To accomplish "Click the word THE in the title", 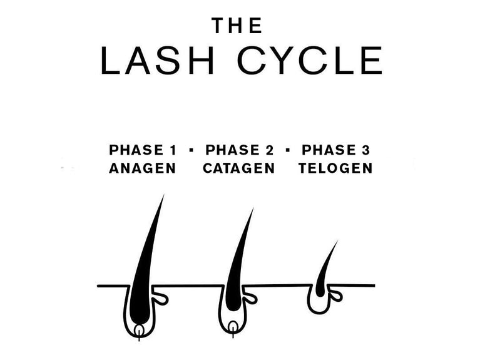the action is click(237, 26).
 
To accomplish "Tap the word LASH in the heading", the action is click(157, 61).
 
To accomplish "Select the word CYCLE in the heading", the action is click(310, 61).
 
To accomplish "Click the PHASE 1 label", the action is click(143, 150).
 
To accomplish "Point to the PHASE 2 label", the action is click(240, 150).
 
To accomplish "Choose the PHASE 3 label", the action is click(336, 150).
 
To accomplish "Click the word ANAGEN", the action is click(142, 168).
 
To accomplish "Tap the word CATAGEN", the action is click(239, 168).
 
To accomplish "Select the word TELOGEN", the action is click(335, 168).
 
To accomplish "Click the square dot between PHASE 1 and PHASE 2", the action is click(191, 150).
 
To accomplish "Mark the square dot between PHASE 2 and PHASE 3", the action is click(287, 150).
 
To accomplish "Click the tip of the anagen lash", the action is click(164, 195).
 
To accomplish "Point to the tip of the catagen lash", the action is click(253, 208).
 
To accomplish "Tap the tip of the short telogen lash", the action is click(338, 241).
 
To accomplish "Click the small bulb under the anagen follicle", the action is click(140, 331).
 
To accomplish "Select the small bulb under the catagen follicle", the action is click(233, 327).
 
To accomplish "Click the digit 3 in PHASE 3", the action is click(366, 150).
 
